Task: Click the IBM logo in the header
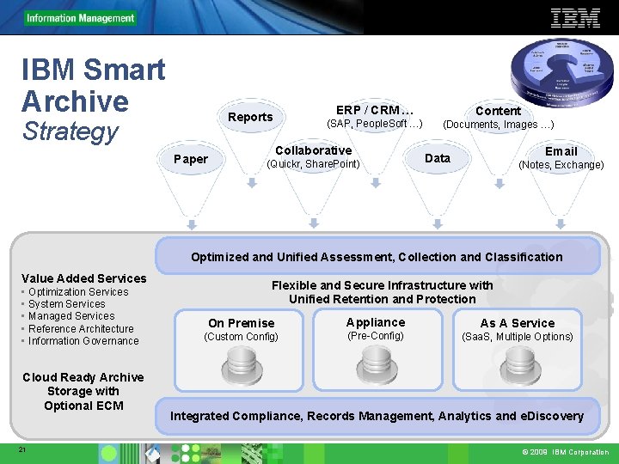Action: coord(575,17)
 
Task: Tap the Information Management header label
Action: coord(80,18)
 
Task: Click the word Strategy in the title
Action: coord(70,131)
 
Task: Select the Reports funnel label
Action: coord(250,117)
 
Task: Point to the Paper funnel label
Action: coord(191,159)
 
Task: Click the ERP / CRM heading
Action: coord(375,110)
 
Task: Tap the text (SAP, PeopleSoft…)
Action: coord(375,124)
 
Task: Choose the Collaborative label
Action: coord(314,150)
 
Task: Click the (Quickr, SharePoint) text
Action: coord(314,164)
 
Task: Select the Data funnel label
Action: coord(438,158)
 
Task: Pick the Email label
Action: coord(561,151)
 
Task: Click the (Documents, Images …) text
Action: coord(499,125)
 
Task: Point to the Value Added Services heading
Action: coord(84,278)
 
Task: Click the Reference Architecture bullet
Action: coord(81,328)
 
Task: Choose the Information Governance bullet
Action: coord(83,341)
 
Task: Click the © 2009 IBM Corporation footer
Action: coord(565,452)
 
